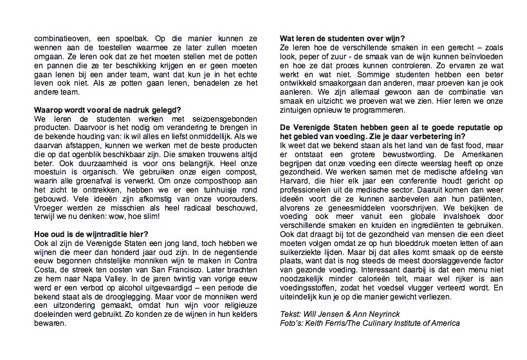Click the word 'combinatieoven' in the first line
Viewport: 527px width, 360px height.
63,39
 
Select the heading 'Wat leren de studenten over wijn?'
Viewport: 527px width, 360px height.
346,39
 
